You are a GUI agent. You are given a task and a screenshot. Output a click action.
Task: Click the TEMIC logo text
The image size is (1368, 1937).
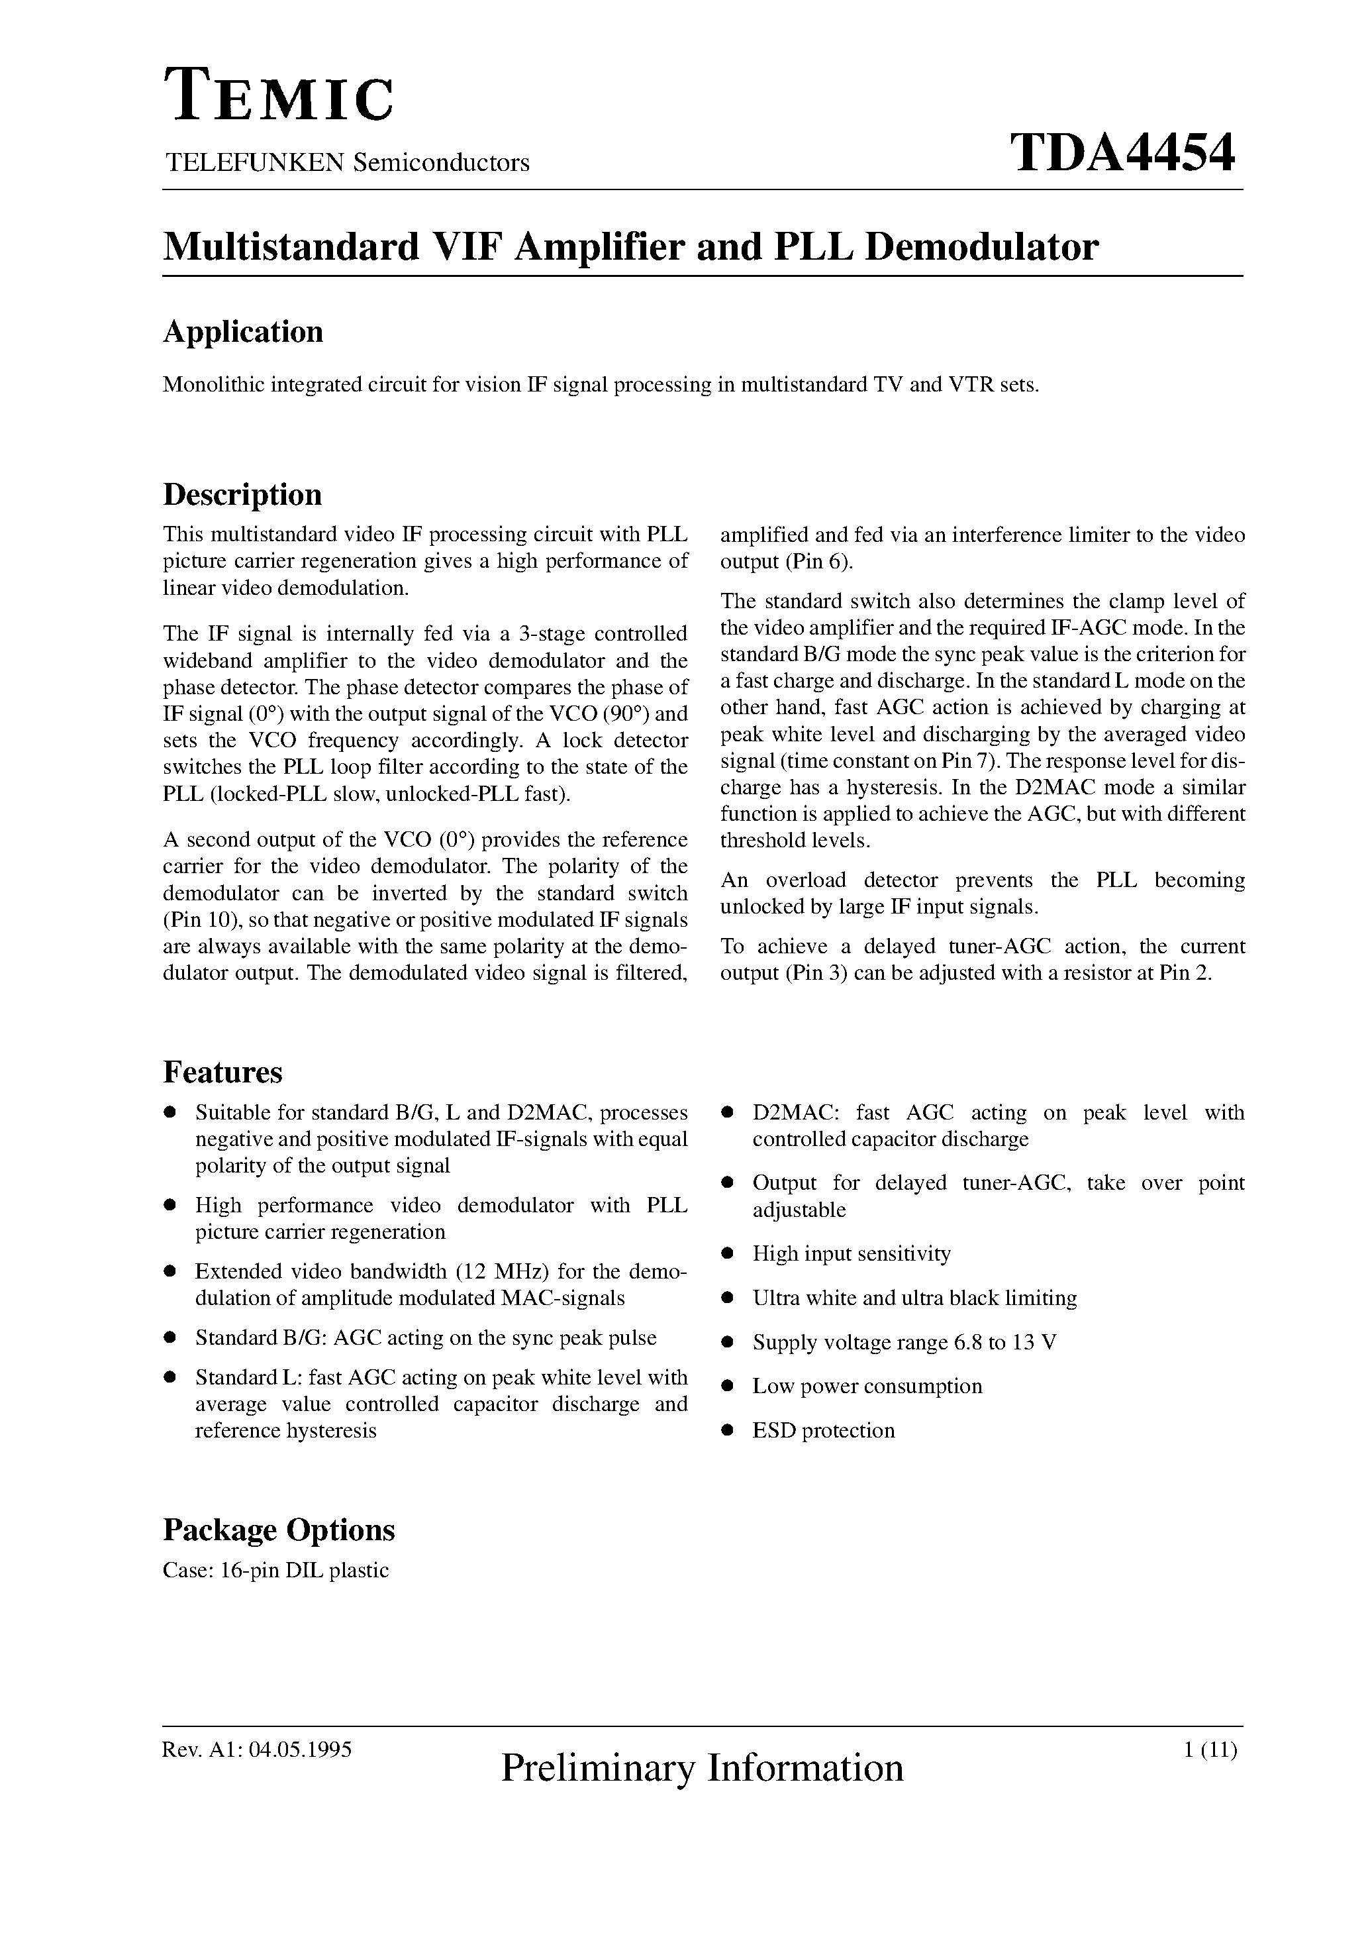pos(278,96)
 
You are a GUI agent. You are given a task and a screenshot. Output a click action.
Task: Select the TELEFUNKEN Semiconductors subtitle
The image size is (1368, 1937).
pos(347,162)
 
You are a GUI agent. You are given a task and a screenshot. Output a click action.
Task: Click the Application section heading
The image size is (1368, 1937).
pos(243,331)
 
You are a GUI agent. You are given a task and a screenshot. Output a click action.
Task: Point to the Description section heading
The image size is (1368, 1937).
pos(242,494)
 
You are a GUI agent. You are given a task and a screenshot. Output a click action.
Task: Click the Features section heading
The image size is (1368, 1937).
pos(222,1073)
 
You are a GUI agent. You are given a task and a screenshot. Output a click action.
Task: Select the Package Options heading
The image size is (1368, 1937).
pos(278,1530)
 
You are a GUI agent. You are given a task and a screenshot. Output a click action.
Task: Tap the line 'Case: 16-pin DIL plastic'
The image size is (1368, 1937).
pos(276,1570)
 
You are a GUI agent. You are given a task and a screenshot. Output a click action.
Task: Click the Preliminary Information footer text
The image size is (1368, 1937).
pos(702,1767)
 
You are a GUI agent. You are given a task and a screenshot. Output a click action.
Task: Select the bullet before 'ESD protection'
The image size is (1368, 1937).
pos(726,1431)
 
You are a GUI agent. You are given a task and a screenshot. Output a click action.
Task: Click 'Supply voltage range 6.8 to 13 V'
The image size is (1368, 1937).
pos(904,1342)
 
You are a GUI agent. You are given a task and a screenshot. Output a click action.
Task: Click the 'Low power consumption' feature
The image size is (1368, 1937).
pos(867,1386)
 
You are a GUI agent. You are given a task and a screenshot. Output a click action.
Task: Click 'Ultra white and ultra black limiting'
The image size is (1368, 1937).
pos(914,1298)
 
